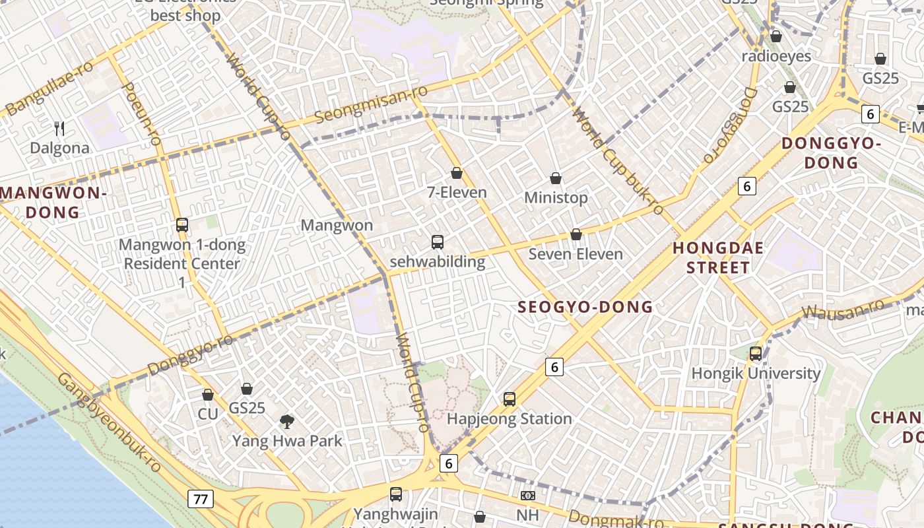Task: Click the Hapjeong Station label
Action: (509, 418)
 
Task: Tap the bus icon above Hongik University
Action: (756, 354)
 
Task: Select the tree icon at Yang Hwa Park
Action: (286, 421)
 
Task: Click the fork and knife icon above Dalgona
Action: (59, 128)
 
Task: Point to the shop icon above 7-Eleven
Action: (457, 173)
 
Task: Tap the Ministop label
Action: (556, 197)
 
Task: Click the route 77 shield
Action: (200, 499)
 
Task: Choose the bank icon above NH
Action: (527, 495)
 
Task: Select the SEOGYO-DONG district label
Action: (585, 307)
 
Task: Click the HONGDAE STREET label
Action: (718, 258)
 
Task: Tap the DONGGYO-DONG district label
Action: (831, 152)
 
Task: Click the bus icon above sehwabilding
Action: (437, 242)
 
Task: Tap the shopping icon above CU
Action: (208, 395)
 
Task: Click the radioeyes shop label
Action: (776, 56)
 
